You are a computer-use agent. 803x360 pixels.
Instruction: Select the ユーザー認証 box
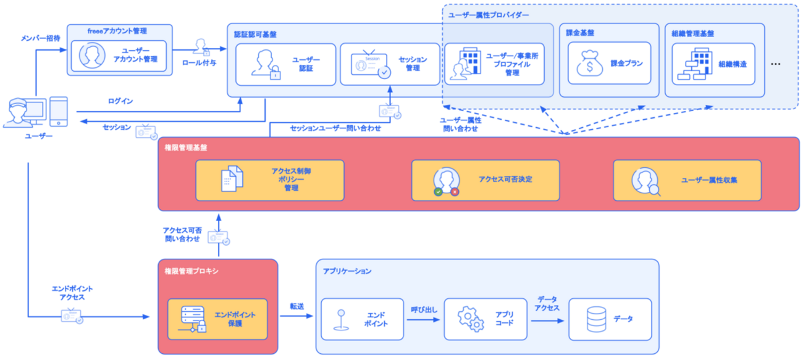(285, 64)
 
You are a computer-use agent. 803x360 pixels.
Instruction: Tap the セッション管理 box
(390, 64)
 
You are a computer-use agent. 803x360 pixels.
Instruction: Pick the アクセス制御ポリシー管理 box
(269, 180)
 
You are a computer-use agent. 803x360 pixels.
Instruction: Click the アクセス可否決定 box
(486, 180)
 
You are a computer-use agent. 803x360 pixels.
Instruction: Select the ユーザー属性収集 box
(687, 180)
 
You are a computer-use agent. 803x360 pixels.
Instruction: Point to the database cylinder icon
(596, 319)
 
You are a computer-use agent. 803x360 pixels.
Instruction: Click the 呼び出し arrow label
(424, 308)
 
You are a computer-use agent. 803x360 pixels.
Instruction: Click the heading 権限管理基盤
(186, 148)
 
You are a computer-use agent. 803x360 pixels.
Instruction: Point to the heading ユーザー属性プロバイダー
(489, 14)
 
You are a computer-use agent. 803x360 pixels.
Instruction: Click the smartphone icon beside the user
(57, 112)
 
